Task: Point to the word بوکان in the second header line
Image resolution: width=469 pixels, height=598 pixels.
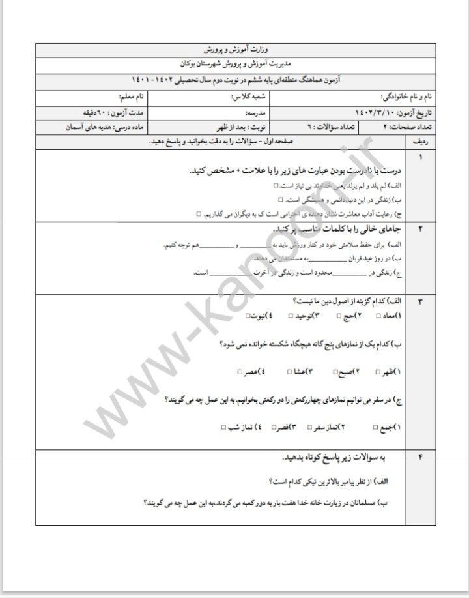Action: click(x=189, y=65)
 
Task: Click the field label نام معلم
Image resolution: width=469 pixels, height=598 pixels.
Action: click(x=131, y=96)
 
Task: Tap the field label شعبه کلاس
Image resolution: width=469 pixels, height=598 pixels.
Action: click(x=246, y=96)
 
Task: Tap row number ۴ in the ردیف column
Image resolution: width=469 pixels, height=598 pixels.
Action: click(x=420, y=458)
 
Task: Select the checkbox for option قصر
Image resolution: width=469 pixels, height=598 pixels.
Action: click(x=266, y=427)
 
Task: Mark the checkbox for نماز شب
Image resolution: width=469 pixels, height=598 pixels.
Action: click(x=224, y=427)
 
